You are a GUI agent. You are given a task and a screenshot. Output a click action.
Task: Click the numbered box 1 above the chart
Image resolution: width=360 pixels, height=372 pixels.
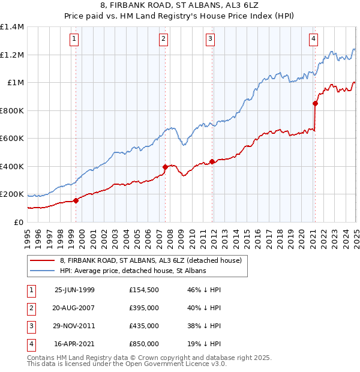point(74,40)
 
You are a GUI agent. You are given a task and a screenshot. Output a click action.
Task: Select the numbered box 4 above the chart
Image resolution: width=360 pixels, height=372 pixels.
point(314,40)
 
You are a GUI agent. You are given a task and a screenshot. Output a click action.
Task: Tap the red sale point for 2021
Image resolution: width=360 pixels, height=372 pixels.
point(315,103)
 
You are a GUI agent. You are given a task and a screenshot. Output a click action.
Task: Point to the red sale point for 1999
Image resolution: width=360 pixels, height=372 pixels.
point(76,201)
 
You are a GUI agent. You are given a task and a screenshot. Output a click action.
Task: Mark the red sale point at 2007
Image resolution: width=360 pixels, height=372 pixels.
point(165,167)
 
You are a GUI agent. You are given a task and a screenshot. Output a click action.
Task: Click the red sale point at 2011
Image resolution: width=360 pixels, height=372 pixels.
point(212,161)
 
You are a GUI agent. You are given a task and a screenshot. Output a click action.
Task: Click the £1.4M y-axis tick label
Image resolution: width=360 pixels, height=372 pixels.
point(12,27)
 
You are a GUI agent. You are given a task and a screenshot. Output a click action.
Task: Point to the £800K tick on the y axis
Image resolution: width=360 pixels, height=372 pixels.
point(12,110)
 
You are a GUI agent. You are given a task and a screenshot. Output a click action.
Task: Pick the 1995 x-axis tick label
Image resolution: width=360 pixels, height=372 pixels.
point(28,237)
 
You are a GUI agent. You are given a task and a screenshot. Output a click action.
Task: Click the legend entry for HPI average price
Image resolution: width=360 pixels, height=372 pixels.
point(133,271)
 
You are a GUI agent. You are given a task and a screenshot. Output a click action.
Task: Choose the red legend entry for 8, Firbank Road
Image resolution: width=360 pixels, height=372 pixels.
point(150,260)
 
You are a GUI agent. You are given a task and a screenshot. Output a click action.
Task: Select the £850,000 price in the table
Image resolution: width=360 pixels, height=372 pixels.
point(144,344)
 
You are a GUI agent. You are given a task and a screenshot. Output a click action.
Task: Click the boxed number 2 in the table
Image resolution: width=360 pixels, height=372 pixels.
point(30,308)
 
